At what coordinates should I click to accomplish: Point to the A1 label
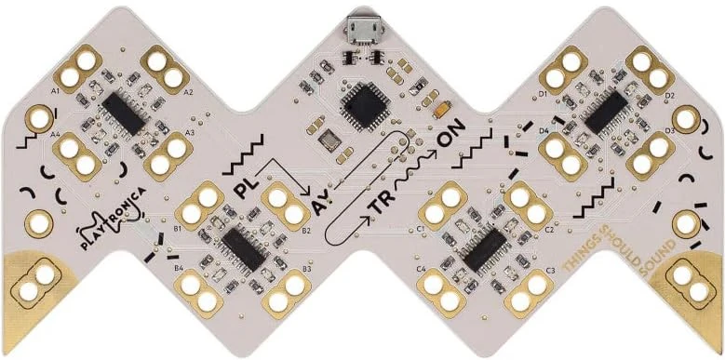tap(56, 92)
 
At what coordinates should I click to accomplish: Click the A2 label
tap(188, 93)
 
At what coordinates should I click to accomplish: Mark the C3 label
tap(551, 271)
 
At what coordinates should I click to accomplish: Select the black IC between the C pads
tap(485, 246)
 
